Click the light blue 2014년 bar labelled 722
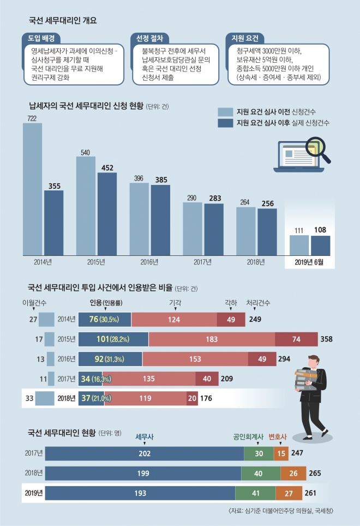point(32,188)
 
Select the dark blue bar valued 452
point(107,213)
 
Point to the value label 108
point(321,230)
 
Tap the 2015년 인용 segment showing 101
point(113,339)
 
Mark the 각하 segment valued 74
point(296,339)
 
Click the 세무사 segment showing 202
point(145,453)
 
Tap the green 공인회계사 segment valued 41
point(255,493)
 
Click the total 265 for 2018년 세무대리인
point(315,473)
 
